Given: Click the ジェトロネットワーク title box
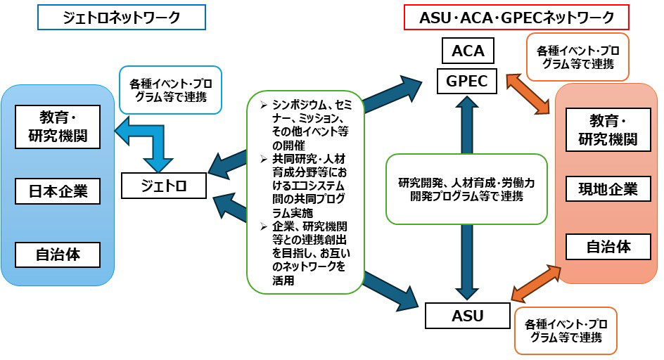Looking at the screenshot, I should [x=122, y=17].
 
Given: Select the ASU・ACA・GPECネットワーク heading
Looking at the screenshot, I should [x=516, y=17].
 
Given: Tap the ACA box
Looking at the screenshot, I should [x=468, y=51].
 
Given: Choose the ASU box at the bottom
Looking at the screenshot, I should [x=466, y=315].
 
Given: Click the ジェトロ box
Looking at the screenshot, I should [x=164, y=185].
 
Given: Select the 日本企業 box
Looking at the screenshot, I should [x=58, y=191].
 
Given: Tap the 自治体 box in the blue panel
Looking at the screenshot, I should [x=58, y=254].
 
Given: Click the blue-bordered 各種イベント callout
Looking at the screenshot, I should [x=170, y=89].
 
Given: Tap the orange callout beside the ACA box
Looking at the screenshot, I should [x=577, y=57].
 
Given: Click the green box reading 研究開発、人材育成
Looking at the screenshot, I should [x=467, y=189].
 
